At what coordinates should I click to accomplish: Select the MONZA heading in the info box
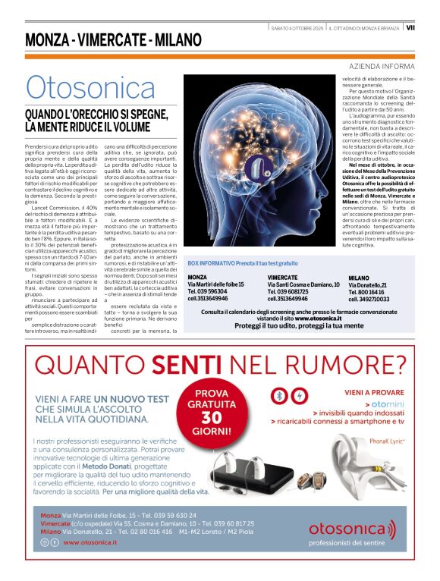198,277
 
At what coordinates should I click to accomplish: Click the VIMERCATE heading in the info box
282,277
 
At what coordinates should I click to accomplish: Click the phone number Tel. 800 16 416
368,292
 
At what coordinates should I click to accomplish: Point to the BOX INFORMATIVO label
216,262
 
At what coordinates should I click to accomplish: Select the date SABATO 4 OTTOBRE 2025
297,28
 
